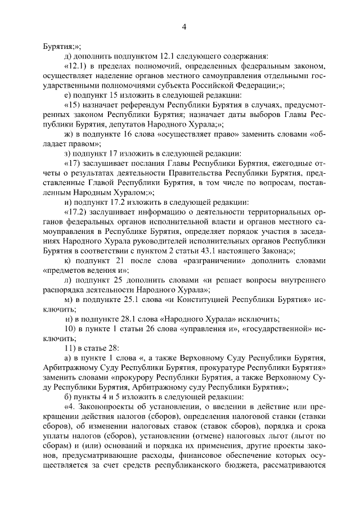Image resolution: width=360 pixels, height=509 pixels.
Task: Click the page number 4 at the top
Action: [184, 26]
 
